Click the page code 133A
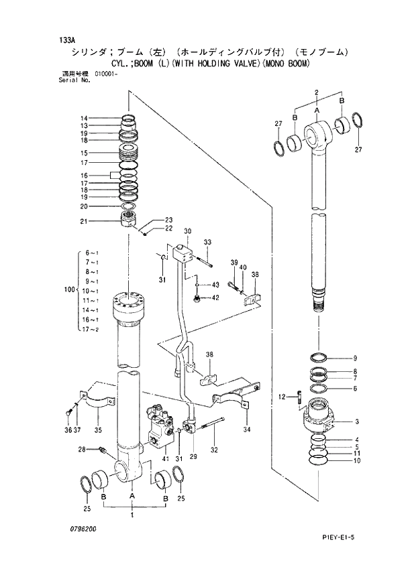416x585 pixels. coord(67,39)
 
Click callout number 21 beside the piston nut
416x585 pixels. coord(84,222)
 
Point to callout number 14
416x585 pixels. coord(84,118)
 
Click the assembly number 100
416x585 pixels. coord(67,290)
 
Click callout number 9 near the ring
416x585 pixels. coord(355,358)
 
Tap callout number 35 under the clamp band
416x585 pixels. coord(98,430)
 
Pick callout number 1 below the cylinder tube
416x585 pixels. coord(132,516)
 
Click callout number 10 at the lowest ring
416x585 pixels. coord(356,460)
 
